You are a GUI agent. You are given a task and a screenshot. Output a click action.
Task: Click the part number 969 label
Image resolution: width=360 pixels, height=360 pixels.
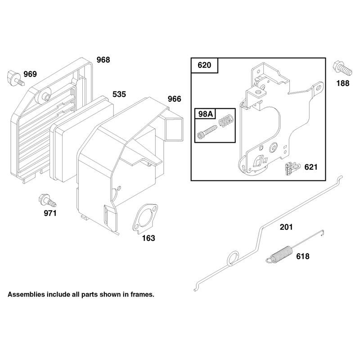click(x=30, y=74)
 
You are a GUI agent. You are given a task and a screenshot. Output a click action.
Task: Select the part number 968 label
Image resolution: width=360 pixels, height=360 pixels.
click(x=103, y=60)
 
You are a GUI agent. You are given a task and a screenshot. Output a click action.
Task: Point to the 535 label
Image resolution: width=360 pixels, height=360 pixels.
click(x=119, y=94)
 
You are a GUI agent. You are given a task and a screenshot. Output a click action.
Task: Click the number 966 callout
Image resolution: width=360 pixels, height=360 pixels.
click(x=175, y=99)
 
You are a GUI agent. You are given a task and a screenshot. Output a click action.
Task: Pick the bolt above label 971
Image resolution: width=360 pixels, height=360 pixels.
click(x=47, y=201)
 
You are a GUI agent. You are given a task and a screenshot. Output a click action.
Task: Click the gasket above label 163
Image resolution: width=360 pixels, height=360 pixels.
click(x=144, y=219)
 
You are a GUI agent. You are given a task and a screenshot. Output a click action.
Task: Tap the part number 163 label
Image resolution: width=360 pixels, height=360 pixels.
click(x=148, y=238)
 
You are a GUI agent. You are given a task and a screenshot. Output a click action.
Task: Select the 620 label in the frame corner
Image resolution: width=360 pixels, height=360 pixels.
click(x=204, y=65)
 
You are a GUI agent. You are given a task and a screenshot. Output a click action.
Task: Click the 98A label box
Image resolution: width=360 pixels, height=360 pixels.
click(x=205, y=114)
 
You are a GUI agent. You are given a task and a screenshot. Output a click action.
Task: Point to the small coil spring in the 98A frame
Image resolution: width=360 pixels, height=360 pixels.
click(x=226, y=120)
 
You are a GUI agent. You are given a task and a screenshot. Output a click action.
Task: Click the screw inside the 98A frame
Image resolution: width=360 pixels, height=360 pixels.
click(x=207, y=132)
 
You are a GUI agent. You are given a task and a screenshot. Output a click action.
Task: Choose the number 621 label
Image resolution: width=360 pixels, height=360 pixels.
click(x=311, y=167)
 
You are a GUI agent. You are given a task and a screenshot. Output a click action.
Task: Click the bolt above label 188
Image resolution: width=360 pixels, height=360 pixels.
click(x=342, y=68)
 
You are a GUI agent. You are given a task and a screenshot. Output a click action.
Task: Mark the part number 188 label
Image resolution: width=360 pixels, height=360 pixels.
click(x=343, y=83)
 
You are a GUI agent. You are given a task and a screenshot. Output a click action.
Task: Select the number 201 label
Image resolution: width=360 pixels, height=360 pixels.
click(x=286, y=227)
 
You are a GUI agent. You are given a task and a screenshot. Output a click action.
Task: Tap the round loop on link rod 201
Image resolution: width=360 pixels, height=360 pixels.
click(x=233, y=259)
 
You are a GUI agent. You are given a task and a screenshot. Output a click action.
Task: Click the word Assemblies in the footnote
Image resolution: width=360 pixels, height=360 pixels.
click(x=26, y=294)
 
